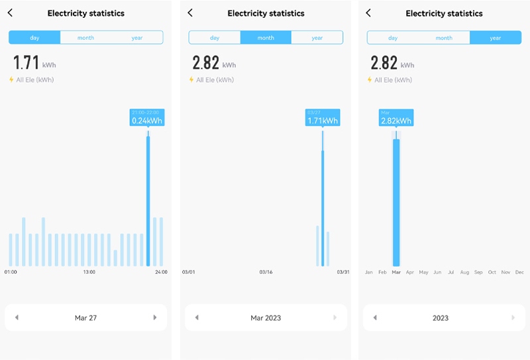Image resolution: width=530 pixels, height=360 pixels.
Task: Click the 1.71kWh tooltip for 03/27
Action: point(322,117)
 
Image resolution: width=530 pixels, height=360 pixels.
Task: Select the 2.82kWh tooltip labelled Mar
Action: point(396,117)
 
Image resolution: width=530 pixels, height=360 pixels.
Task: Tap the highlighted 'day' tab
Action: point(34,38)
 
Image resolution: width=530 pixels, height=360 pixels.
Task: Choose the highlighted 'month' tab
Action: point(266,38)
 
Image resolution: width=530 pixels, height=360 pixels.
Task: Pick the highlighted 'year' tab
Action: point(496,38)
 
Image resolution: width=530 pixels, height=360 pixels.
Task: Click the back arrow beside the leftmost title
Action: point(11,13)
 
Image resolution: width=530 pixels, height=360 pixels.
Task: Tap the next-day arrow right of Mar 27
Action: point(155,318)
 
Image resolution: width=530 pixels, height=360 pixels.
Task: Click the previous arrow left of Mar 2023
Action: point(197,318)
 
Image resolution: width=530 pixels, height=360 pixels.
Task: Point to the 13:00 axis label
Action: point(89,272)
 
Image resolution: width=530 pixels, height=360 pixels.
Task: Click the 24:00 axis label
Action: point(160,272)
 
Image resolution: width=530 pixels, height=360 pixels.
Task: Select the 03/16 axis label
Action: point(266,272)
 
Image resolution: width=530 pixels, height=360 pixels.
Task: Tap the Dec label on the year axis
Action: point(519,272)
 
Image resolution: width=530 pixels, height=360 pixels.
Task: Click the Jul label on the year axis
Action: point(451,272)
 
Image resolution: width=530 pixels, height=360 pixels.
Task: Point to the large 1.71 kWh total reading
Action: point(27,64)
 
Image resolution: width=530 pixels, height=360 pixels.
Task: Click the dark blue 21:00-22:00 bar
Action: point(148,199)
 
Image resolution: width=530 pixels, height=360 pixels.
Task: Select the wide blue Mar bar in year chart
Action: point(396,202)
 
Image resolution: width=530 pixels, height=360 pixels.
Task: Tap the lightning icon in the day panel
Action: point(11,80)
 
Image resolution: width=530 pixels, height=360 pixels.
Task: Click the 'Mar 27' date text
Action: point(85,318)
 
